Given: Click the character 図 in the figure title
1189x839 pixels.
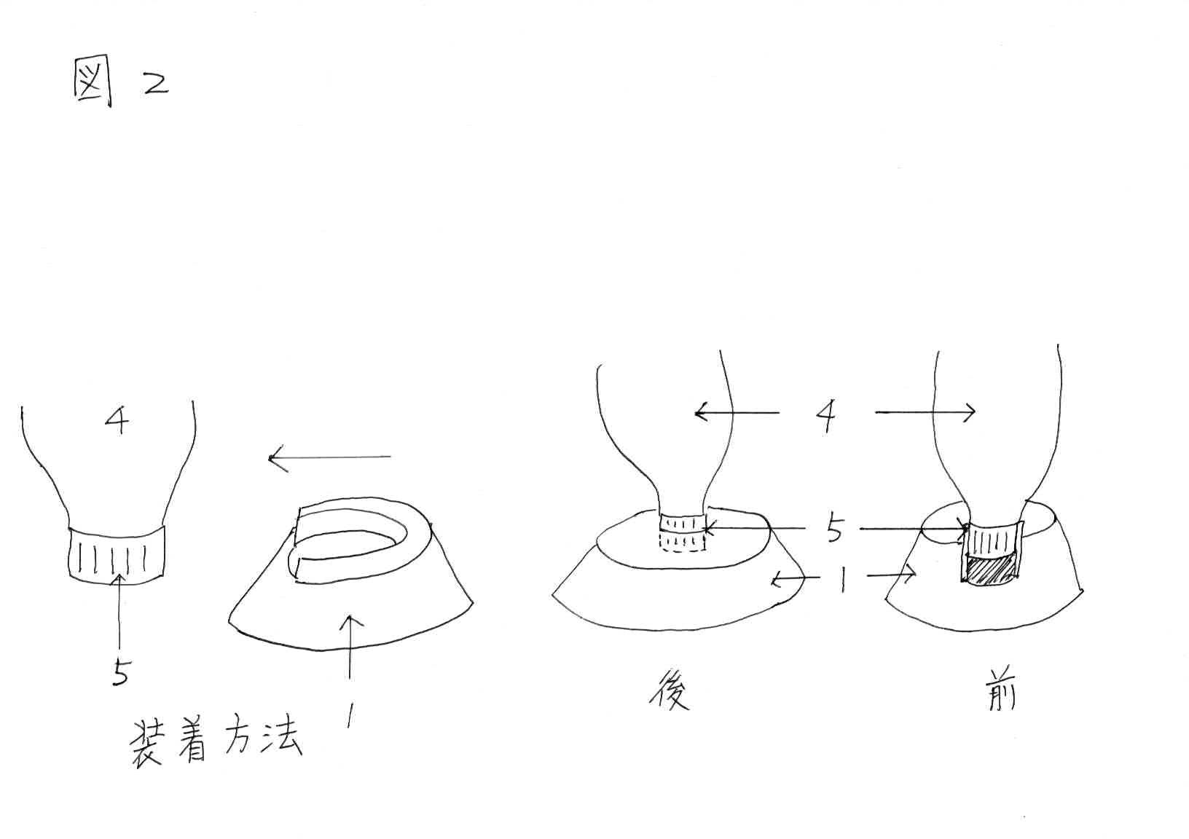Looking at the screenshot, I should (93, 82).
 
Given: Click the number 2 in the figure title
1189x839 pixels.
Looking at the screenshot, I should (154, 83).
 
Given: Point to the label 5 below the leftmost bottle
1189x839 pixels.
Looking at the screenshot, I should (120, 673).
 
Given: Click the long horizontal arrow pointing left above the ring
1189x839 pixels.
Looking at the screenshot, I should (329, 458).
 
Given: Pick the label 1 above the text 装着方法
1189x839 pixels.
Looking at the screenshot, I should (350, 718).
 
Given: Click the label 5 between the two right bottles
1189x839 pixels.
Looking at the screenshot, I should (834, 529).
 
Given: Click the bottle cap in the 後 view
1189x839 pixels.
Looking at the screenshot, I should (683, 533).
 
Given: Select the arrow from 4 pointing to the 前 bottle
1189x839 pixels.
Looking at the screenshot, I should (925, 413).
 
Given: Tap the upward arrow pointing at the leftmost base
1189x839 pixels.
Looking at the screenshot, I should (351, 648).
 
